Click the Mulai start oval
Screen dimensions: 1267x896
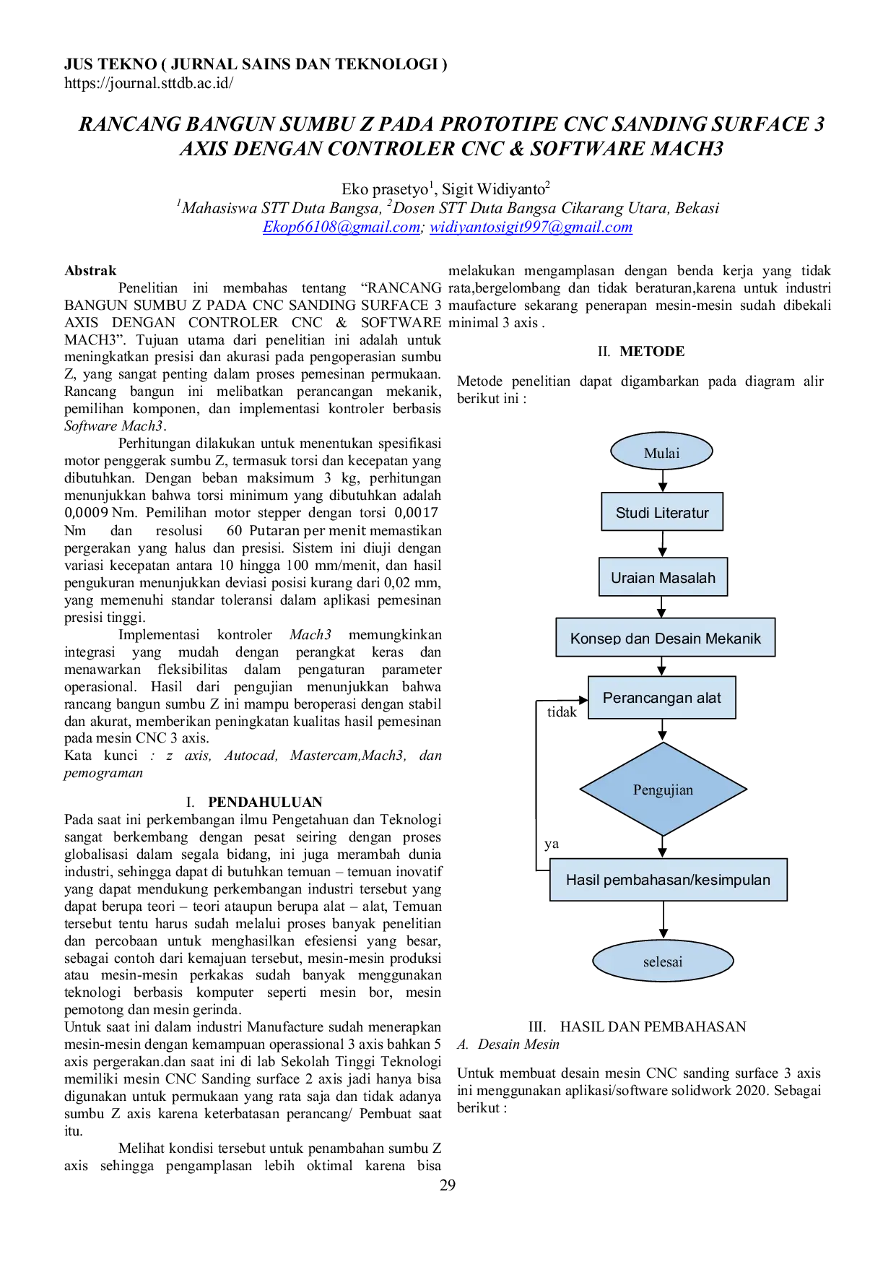point(662,452)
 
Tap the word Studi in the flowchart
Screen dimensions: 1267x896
point(632,513)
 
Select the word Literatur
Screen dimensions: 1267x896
point(681,513)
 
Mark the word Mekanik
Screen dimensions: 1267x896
point(733,639)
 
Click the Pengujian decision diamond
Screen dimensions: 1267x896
point(663,790)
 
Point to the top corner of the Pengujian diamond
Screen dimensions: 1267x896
point(663,745)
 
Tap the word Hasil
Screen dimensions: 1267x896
point(583,880)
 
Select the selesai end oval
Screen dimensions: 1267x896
point(663,961)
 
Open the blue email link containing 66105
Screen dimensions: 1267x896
point(340,228)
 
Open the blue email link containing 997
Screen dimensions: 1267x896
point(531,228)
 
